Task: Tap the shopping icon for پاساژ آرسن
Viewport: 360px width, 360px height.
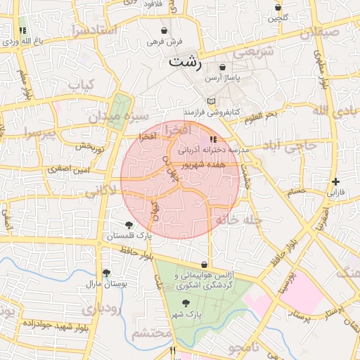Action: [222, 67]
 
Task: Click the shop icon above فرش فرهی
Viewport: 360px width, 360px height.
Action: [165, 31]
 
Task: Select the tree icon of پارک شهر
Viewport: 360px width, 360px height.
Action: [185, 303]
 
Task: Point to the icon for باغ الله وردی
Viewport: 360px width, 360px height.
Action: [22, 31]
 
